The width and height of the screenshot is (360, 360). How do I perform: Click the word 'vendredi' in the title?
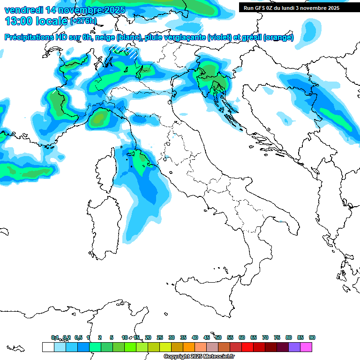tap(23, 10)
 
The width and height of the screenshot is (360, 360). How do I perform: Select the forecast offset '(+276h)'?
tap(83, 21)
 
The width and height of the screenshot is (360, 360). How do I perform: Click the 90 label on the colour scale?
tap(312, 337)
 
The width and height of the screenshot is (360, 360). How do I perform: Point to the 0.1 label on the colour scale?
tap(54, 337)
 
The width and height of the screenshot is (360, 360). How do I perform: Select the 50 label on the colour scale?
tap(218, 337)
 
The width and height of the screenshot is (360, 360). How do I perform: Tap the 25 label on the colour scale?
tap(160, 337)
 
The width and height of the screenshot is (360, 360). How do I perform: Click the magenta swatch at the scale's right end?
tap(306, 347)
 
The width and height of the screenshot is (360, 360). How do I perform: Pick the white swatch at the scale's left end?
tap(48, 347)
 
